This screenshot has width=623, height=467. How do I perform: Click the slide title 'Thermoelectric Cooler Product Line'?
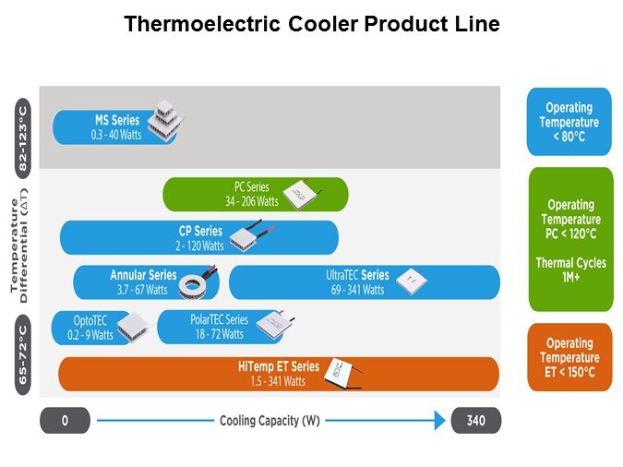tap(312, 24)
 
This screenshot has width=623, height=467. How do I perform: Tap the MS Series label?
tap(117, 120)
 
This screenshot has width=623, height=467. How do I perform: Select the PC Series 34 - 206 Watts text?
tap(252, 194)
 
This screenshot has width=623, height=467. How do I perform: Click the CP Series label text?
tap(200, 231)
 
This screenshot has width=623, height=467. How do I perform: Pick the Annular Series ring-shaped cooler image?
tap(194, 286)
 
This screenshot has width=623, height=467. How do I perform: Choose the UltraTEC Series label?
tap(357, 275)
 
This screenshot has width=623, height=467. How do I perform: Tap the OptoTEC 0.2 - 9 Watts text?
tap(90, 328)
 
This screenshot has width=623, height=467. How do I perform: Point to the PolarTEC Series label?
tap(219, 319)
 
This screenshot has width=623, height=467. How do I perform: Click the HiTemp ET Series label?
tap(279, 366)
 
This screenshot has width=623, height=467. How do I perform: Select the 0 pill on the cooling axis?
tap(65, 420)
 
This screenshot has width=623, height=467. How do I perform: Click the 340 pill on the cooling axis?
tap(476, 420)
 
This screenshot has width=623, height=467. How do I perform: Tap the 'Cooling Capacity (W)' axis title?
tap(270, 421)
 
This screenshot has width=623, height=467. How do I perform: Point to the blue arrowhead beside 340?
tap(440, 420)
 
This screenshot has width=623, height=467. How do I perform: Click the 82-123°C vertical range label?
tap(23, 138)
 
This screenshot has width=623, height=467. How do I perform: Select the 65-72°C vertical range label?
tap(23, 355)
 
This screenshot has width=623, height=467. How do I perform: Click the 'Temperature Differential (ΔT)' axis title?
tap(19, 245)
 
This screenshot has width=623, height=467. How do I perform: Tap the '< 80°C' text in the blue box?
tap(569, 137)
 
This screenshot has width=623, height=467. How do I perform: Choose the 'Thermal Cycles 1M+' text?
tap(571, 269)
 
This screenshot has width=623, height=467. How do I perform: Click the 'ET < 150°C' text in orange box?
tap(569, 372)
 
